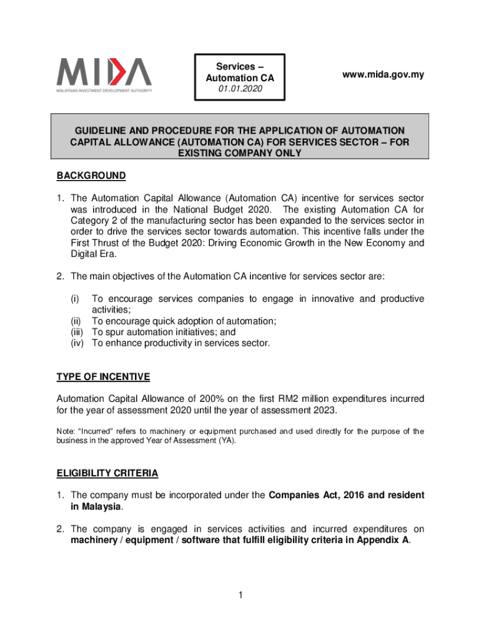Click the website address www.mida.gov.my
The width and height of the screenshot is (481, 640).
coord(383,75)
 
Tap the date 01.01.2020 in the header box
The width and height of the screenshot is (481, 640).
coord(241,90)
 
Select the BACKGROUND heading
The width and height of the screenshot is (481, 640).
coord(91,176)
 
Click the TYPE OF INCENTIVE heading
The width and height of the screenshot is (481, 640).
coord(103,376)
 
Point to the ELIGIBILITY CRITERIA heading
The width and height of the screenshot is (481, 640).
coord(107,472)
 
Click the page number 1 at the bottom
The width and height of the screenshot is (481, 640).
coord(240,596)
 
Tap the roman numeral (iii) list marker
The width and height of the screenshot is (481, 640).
coord(77,332)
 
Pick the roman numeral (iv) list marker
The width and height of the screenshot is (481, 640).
coord(77,343)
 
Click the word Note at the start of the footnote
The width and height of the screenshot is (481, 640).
coord(66,431)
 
